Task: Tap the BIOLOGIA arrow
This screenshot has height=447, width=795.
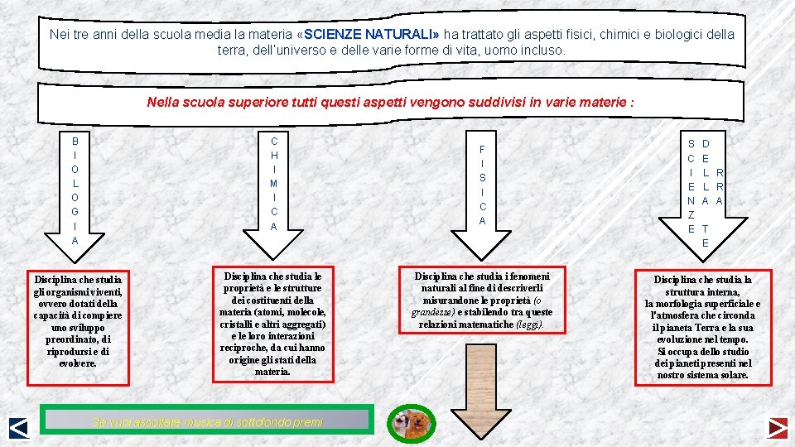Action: pos(75,190)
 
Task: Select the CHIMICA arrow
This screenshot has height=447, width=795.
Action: pos(274,190)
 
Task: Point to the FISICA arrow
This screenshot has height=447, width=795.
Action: pos(482,190)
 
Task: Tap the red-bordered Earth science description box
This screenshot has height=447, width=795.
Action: pos(703,327)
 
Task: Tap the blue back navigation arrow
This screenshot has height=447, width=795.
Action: pos(18,427)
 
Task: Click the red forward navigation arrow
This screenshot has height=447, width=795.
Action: pos(776,427)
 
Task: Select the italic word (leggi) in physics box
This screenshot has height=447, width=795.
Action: pos(529,324)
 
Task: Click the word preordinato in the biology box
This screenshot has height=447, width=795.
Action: pos(76,339)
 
